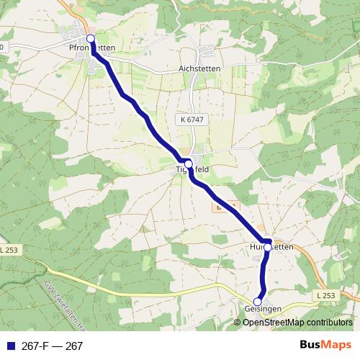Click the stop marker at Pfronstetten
91,39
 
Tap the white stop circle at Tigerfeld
189,164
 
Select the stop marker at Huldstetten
268,247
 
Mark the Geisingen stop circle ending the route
258,302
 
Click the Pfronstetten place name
91,48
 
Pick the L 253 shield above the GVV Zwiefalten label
11,250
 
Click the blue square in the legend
11,346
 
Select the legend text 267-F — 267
51,346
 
